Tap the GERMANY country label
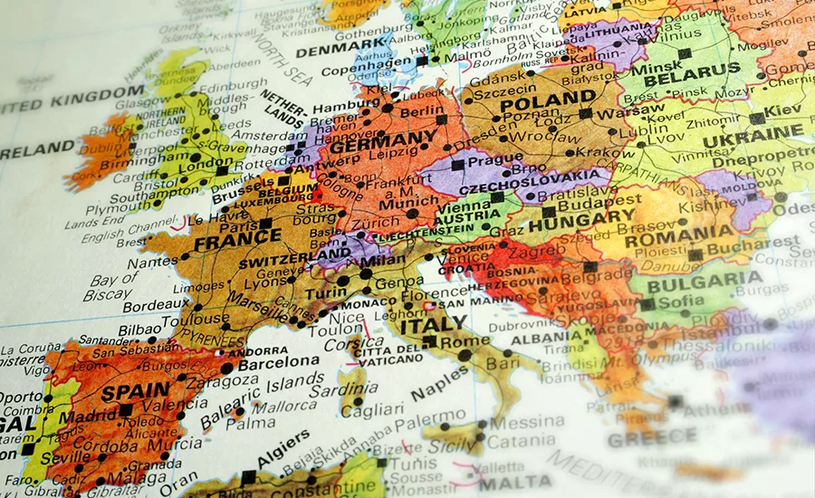(383, 144)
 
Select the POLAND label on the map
(547, 101)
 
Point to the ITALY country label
(433, 323)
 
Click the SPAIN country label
(137, 392)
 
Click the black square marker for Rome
(429, 341)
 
